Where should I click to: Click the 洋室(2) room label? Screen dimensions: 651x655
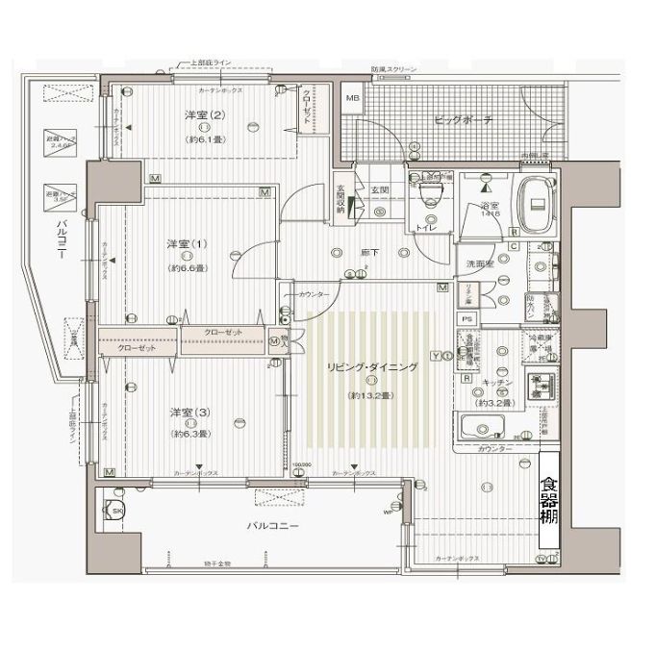[204, 116]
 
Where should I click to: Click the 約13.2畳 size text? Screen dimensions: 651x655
[370, 395]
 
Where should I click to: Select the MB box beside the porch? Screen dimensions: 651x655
[352, 100]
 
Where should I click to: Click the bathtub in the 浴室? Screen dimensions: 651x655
[535, 203]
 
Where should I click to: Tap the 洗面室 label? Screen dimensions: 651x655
[481, 263]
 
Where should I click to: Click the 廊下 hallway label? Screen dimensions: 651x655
[369, 252]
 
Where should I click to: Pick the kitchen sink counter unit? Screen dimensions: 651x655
[490, 427]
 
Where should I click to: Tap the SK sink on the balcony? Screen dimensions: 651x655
[118, 511]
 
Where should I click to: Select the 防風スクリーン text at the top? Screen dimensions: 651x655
[393, 70]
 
